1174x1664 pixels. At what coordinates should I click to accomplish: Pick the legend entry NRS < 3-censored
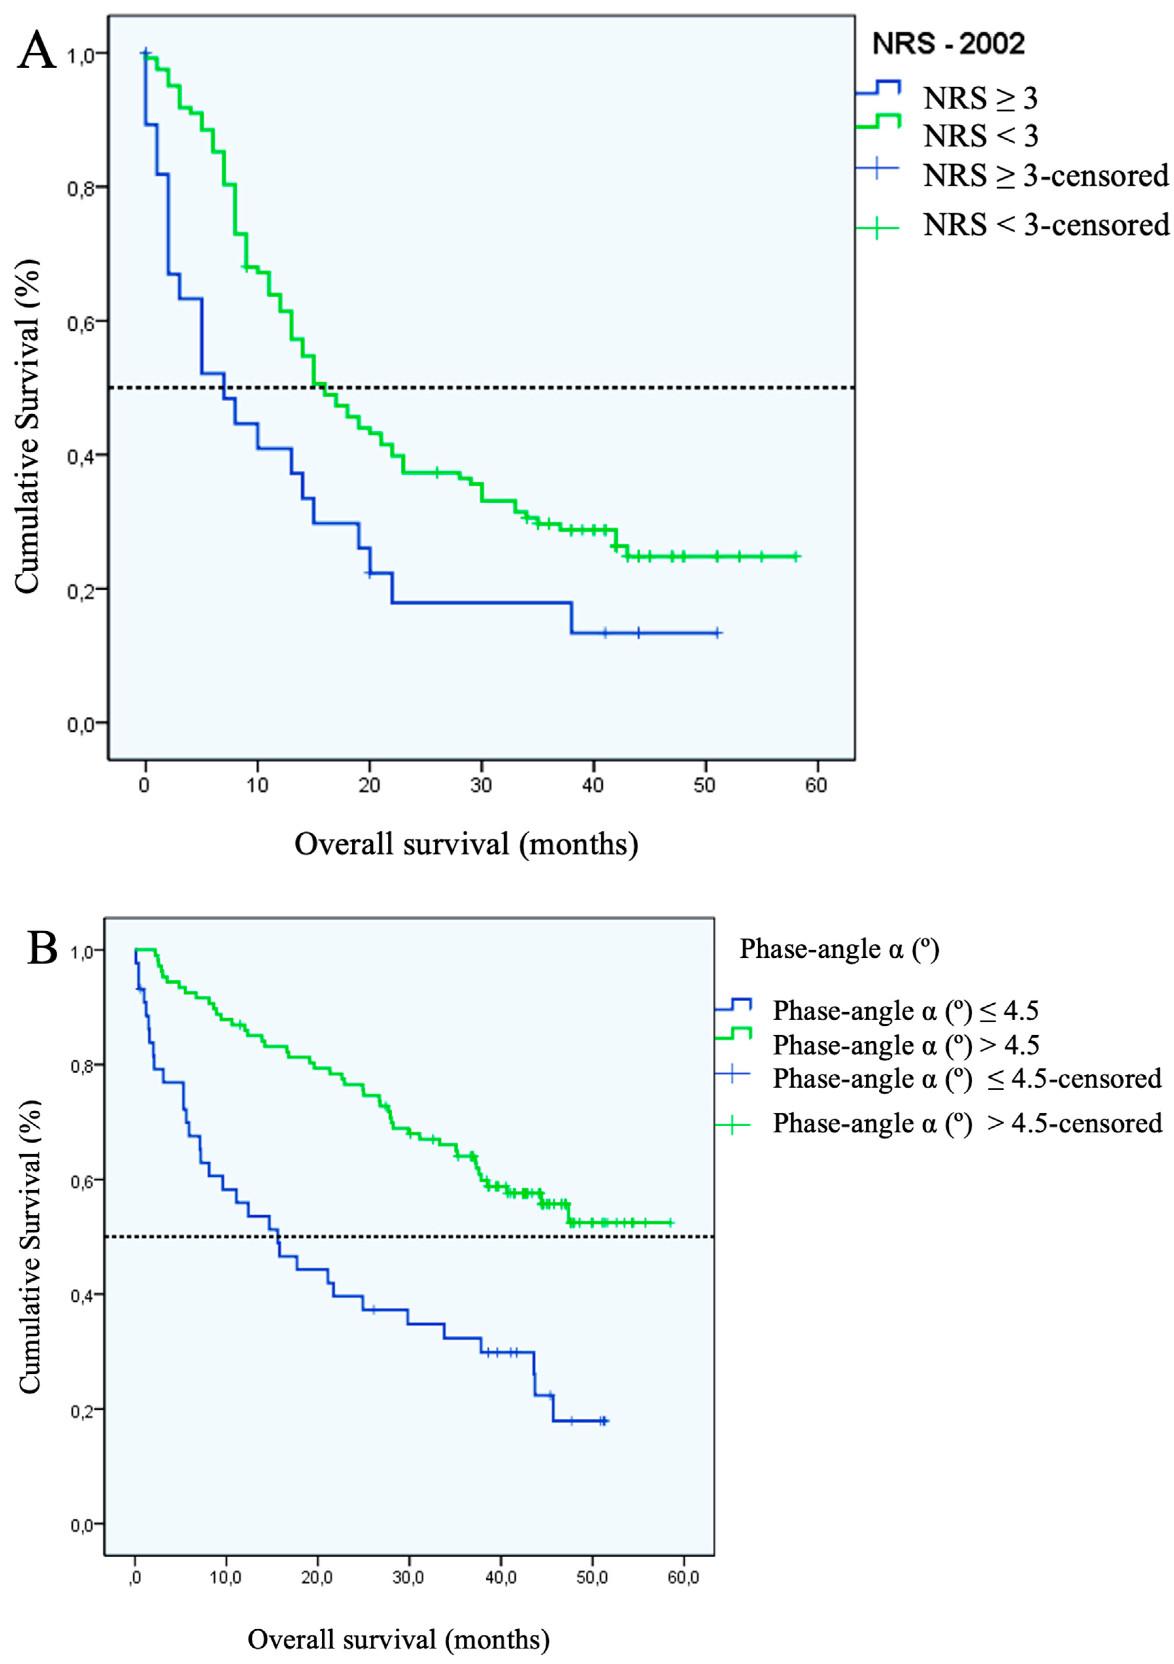pyautogui.click(x=1046, y=225)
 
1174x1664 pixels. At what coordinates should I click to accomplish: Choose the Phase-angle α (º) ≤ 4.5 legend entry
pyautogui.click(x=906, y=1010)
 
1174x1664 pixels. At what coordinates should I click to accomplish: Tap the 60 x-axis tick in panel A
pyautogui.click(x=817, y=786)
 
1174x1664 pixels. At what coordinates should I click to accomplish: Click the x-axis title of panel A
pyautogui.click(x=466, y=844)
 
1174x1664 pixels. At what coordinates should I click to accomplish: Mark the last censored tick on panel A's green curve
pyautogui.click(x=795, y=557)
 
